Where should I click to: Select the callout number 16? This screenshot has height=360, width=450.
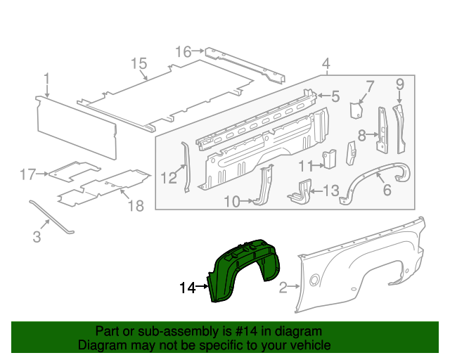tap(183, 51)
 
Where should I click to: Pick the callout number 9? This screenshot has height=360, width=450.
tap(399, 85)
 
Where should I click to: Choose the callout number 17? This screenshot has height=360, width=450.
tap(27, 174)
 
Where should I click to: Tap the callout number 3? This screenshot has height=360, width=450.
tap(37, 238)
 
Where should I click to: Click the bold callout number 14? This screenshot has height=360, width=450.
tap(187, 288)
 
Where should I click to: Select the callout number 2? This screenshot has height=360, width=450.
tap(284, 287)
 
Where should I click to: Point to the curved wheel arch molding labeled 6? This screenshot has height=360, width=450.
tap(376, 177)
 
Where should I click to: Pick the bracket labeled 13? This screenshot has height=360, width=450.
tap(300, 191)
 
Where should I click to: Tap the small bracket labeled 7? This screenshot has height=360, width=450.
tap(356, 111)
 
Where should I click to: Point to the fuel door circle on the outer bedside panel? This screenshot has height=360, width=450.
tap(314, 281)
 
